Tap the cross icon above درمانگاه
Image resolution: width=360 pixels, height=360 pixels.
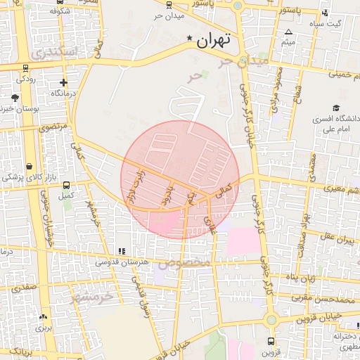[63, 82]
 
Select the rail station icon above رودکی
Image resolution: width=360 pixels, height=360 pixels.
[26, 69]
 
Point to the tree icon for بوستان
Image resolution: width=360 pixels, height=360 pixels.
[15, 98]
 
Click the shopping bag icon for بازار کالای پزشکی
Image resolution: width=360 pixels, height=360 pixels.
[29, 166]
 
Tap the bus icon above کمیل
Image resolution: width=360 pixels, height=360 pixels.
[66, 186]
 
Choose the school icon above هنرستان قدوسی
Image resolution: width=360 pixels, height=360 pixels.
[122, 251]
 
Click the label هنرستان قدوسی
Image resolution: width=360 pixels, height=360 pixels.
[122, 262]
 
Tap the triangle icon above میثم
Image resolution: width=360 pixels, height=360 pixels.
[288, 32]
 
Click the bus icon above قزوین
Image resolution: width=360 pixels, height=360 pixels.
[270, 341]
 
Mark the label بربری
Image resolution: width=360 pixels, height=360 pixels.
[44, 328]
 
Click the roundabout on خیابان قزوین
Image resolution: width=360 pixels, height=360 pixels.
[271, 320]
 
